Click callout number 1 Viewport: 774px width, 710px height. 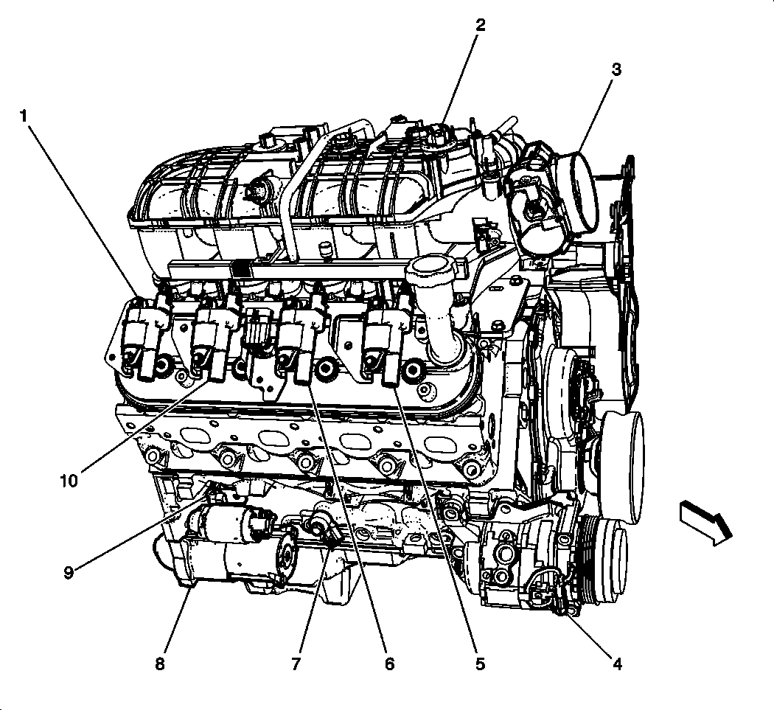(24, 116)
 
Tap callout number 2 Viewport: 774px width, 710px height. (480, 25)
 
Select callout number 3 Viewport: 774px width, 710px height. (616, 69)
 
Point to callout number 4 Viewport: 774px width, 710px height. (617, 664)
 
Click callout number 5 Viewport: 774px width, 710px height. (480, 664)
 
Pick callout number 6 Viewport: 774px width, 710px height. (388, 664)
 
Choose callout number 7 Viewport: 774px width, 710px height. (296, 664)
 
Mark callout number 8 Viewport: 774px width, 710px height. (160, 664)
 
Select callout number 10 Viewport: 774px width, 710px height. (69, 481)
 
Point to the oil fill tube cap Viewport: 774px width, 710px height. (428, 273)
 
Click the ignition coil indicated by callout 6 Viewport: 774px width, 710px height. (301, 339)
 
